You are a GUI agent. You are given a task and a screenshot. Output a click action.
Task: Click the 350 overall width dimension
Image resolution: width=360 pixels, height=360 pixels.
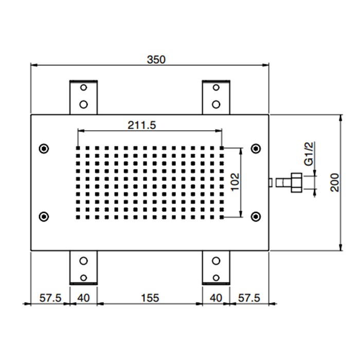pos(156,59)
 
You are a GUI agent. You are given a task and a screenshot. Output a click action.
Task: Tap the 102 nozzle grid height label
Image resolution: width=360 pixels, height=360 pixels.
pos(235,182)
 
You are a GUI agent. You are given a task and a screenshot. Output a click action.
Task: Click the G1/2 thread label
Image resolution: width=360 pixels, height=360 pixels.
pos(309,155)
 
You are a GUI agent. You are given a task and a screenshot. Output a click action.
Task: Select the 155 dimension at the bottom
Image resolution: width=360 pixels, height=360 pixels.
pos(149,297)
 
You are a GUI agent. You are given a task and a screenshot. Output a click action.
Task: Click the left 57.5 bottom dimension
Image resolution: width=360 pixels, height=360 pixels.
pos(50,297)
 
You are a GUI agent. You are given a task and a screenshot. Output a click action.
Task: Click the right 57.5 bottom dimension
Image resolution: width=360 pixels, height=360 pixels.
pos(249,297)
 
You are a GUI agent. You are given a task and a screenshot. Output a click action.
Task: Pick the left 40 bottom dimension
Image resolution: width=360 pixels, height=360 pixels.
pos(83,297)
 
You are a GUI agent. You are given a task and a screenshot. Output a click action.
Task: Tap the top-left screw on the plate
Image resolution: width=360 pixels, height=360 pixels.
pos(44,149)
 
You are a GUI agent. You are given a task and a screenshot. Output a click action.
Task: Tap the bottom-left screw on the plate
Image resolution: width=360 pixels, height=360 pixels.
pos(44,216)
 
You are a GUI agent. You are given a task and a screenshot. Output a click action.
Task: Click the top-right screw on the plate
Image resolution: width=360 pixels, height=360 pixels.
pos(255,149)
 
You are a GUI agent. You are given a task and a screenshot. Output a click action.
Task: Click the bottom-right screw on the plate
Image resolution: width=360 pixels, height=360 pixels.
pos(255,216)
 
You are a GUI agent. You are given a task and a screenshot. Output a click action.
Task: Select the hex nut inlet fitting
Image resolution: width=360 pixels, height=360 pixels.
pos(295,182)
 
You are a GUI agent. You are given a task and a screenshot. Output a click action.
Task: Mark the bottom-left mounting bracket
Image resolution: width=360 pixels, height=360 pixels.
pos(83,267)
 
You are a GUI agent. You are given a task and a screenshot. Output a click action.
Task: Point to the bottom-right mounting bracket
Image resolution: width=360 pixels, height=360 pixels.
pos(216,267)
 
